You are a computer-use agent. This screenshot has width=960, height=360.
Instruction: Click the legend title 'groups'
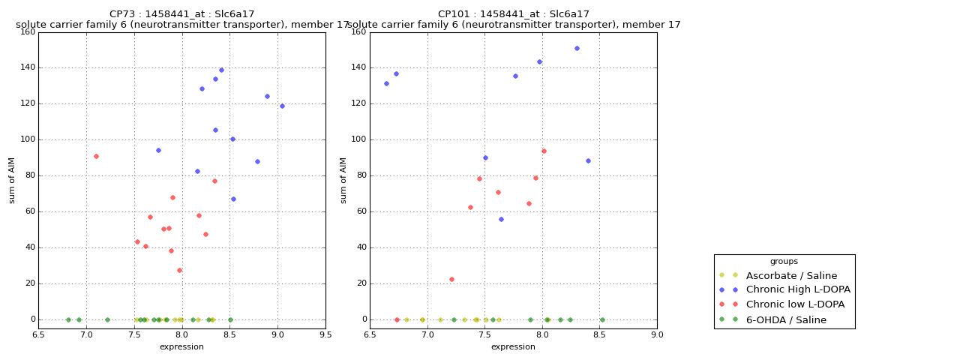tap(784, 262)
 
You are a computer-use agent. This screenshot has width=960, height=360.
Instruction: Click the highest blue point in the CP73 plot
tap(221, 70)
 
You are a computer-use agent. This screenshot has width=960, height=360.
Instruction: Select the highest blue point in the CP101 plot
tap(577, 49)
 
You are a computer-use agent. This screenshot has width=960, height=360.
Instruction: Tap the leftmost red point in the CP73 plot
tap(97, 157)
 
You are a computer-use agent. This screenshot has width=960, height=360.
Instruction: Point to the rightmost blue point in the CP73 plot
tap(282, 106)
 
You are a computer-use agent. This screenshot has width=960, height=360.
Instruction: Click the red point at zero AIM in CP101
tap(397, 320)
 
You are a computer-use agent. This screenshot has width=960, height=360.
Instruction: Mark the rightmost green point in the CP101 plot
tap(602, 320)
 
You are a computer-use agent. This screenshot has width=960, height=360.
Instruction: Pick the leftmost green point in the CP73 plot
tap(68, 320)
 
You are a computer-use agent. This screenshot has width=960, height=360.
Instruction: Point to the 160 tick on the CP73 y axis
tap(28, 31)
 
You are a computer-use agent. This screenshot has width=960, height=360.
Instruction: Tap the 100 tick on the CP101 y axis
tap(359, 139)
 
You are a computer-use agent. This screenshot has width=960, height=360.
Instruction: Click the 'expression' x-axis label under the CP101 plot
tap(513, 346)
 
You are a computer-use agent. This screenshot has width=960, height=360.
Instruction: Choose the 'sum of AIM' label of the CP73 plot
tap(11, 181)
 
